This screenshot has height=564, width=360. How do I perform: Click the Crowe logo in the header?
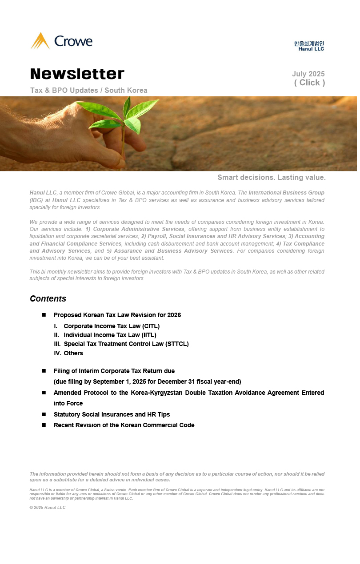[61, 41]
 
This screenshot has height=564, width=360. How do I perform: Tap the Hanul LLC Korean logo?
[309, 46]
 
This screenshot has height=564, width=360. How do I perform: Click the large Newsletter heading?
[77, 74]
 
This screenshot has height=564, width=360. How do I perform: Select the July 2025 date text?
[308, 74]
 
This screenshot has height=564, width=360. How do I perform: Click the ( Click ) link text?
[309, 83]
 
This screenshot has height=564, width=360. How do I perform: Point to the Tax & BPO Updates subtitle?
[89, 91]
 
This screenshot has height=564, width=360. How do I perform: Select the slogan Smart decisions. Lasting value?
[271, 178]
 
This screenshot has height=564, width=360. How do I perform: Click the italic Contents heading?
[48, 298]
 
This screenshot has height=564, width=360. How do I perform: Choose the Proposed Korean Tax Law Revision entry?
[117, 315]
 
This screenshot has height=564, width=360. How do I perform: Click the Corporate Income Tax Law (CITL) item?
[112, 326]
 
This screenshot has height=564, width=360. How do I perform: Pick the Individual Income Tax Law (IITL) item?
[110, 335]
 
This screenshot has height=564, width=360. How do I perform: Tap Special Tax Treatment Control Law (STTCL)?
[126, 344]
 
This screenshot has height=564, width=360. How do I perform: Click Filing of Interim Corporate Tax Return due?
[114, 371]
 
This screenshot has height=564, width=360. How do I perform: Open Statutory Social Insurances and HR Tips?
[112, 414]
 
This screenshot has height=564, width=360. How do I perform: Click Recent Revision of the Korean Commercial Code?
[124, 425]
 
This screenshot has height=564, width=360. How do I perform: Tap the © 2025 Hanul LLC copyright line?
[48, 507]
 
